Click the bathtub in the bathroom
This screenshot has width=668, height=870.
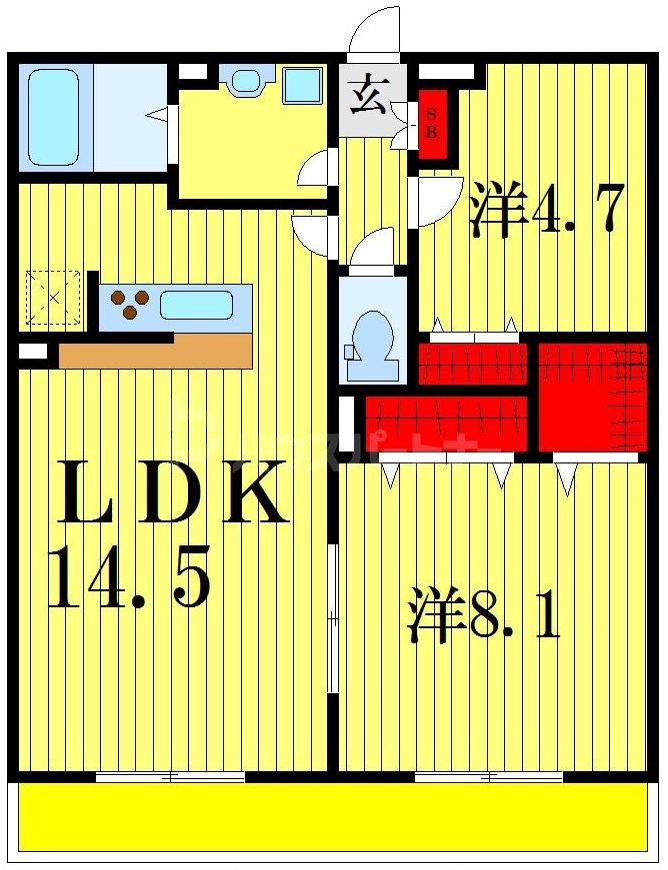(53, 117)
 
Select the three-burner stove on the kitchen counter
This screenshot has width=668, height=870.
(130, 303)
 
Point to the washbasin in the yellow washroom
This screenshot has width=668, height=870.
(243, 81)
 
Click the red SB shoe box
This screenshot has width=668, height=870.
(433, 124)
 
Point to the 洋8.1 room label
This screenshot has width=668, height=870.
(483, 614)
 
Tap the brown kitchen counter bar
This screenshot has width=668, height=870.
(155, 352)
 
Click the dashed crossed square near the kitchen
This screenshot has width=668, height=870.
(54, 297)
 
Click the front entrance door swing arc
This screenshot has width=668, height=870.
(373, 30)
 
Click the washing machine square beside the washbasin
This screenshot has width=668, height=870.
(302, 85)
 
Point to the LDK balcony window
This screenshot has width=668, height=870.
(170, 776)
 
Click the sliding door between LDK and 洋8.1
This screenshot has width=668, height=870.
(333, 619)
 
